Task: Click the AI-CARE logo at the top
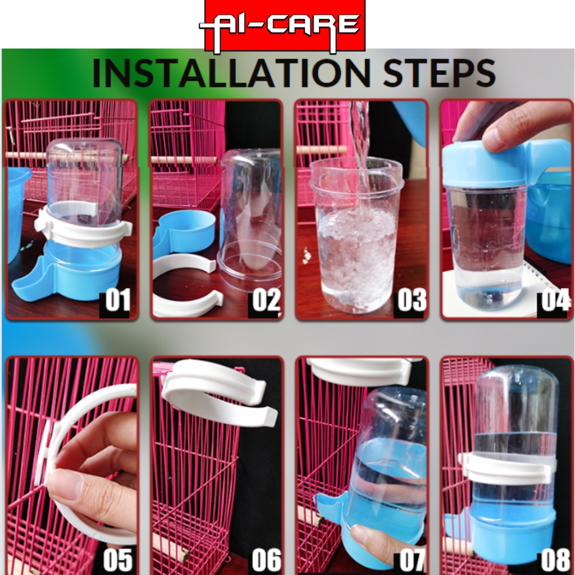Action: click(285, 26)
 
